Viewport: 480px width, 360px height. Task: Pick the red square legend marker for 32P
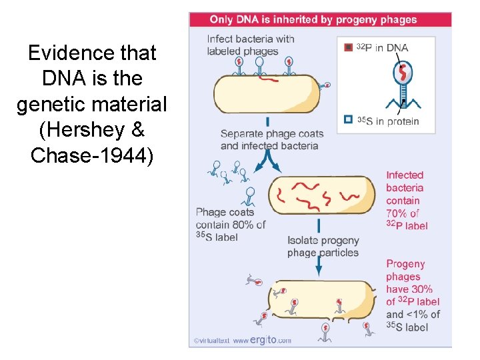[x=347, y=47]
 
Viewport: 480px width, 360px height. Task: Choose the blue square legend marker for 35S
[x=347, y=120]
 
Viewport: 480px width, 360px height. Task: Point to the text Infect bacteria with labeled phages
[x=251, y=45]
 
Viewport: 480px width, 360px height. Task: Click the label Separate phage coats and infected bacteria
[x=269, y=139]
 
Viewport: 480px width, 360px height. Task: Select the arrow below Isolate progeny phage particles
[x=319, y=266]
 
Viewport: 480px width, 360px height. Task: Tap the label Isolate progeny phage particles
[x=323, y=246]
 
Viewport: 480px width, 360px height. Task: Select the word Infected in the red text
[x=405, y=175]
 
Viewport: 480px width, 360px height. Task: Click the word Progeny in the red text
[x=405, y=263]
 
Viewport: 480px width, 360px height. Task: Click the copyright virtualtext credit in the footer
[x=211, y=341]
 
